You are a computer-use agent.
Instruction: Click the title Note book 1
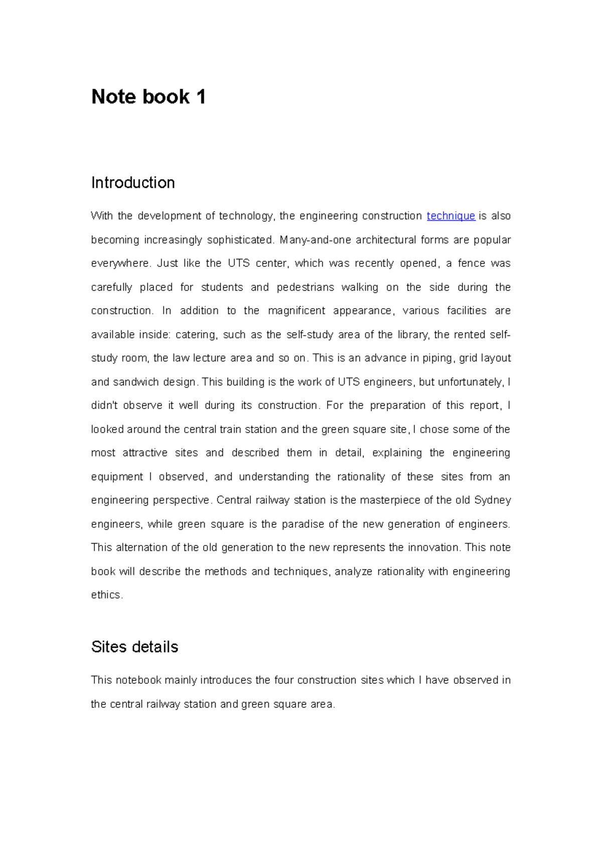coord(148,97)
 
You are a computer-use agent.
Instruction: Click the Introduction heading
coord(133,183)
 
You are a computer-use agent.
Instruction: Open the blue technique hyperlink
coord(450,216)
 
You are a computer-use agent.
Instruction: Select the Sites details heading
coord(134,647)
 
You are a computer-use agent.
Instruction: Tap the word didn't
coord(104,405)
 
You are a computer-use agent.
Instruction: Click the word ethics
coord(106,595)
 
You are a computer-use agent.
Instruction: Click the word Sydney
coord(492,500)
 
